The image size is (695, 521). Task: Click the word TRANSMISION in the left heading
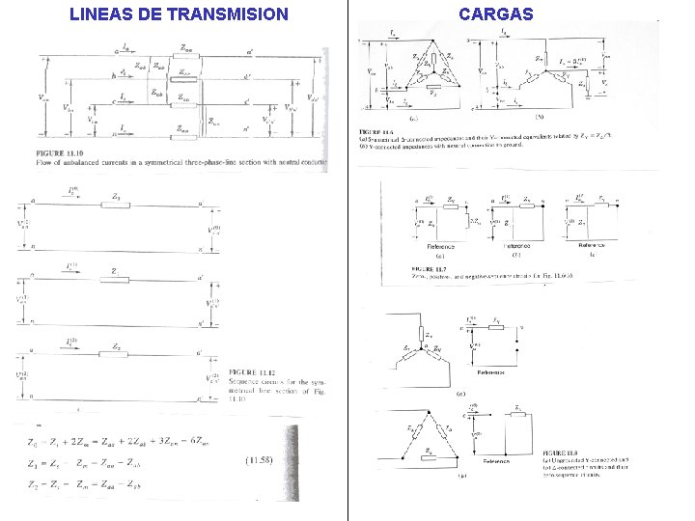[227, 14]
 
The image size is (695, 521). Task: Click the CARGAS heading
[495, 14]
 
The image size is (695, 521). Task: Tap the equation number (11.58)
[260, 459]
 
